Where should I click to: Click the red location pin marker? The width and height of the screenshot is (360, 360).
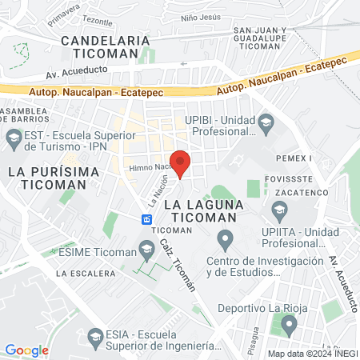point(181,162)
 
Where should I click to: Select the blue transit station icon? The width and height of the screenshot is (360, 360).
point(147,218)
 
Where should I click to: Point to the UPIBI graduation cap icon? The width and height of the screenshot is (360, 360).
point(267,122)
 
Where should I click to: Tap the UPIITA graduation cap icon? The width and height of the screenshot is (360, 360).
point(279,214)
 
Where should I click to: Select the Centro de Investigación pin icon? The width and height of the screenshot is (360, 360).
point(226,239)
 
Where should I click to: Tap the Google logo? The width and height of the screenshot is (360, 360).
point(26,350)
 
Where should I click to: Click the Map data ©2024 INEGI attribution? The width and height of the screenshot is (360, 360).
point(313,354)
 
